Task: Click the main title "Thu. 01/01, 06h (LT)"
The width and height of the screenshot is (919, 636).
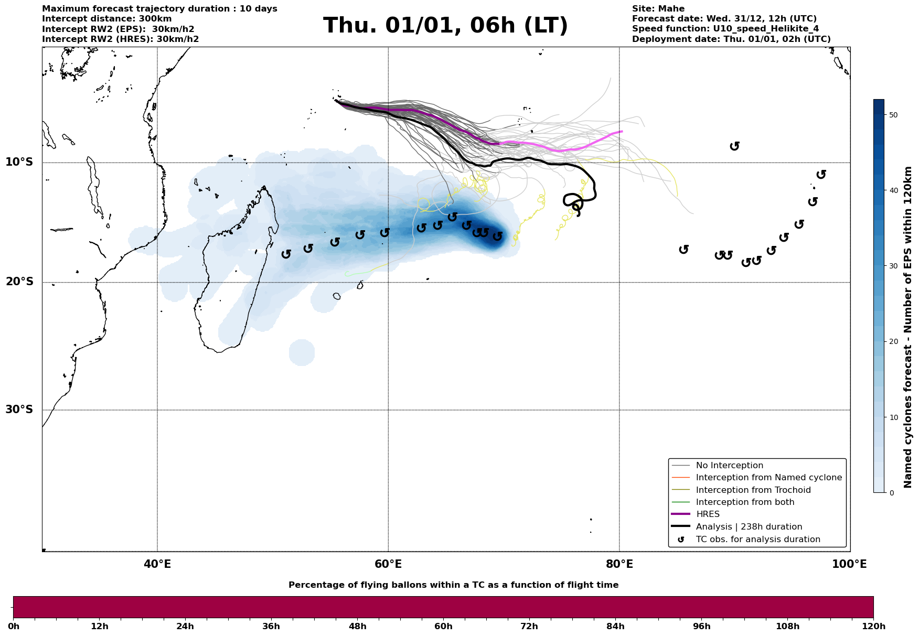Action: pyautogui.click(x=445, y=26)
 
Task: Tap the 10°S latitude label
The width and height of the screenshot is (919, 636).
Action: pyautogui.click(x=19, y=162)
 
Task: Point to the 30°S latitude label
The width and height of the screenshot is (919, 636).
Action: pyautogui.click(x=19, y=409)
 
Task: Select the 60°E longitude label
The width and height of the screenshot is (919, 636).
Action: pyautogui.click(x=388, y=564)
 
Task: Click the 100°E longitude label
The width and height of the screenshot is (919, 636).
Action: pyautogui.click(x=849, y=564)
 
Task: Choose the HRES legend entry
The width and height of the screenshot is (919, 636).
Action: pyautogui.click(x=708, y=514)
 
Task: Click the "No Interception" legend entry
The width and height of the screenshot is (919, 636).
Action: pyautogui.click(x=729, y=466)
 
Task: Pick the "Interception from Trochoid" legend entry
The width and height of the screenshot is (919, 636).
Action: pyautogui.click(x=753, y=490)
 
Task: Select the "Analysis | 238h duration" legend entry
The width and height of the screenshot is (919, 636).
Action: pyautogui.click(x=749, y=527)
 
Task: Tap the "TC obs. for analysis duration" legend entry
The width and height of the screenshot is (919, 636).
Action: pyautogui.click(x=757, y=540)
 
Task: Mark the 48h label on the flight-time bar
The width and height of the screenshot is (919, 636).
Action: pyautogui.click(x=357, y=627)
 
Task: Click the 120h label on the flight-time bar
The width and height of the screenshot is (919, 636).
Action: pyautogui.click(x=873, y=627)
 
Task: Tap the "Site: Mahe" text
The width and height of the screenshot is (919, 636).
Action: pyautogui.click(x=658, y=9)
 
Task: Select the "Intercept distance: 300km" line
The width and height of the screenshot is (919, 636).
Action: pyautogui.click(x=106, y=19)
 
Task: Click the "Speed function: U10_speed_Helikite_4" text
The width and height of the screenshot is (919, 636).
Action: pyautogui.click(x=725, y=29)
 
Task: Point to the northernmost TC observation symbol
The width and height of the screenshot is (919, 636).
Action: pyautogui.click(x=735, y=146)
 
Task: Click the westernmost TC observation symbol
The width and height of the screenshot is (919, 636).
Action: pyautogui.click(x=286, y=254)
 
